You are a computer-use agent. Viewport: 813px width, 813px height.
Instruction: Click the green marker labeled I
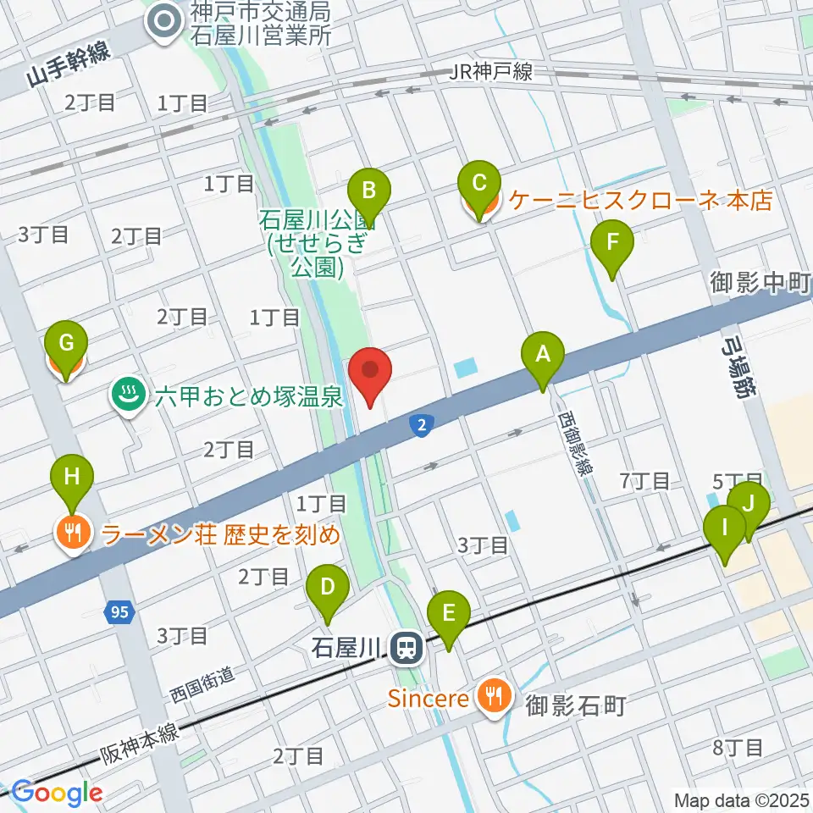[x=725, y=535]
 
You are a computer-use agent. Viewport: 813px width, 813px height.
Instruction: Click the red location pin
[x=370, y=374]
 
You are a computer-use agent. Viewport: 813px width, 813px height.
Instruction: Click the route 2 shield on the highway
[x=421, y=426]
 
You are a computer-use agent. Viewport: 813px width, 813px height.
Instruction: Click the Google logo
[x=57, y=793]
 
